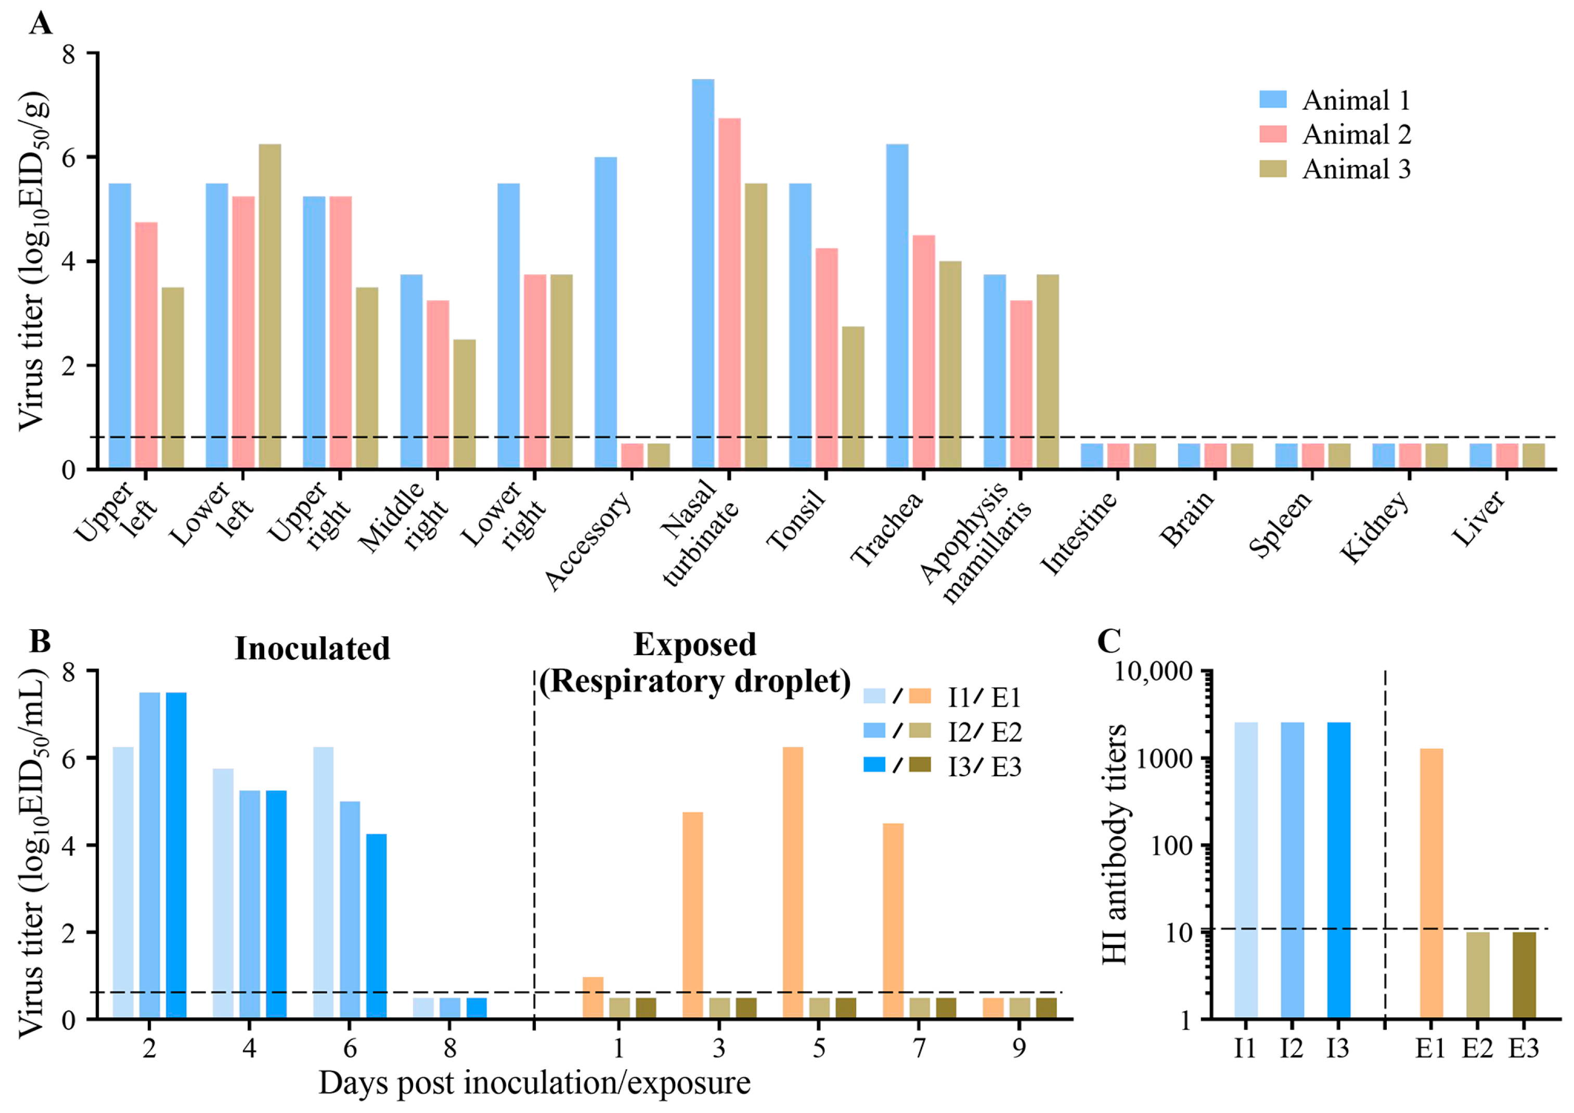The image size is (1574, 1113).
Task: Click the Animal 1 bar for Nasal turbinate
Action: pyautogui.click(x=703, y=274)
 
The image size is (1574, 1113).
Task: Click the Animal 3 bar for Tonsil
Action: pyautogui.click(x=853, y=398)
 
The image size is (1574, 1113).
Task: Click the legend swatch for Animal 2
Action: pyautogui.click(x=1272, y=134)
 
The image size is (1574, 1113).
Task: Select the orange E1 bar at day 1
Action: pyautogui.click(x=592, y=998)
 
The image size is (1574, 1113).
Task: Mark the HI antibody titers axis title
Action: pyautogui.click(x=1115, y=843)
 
